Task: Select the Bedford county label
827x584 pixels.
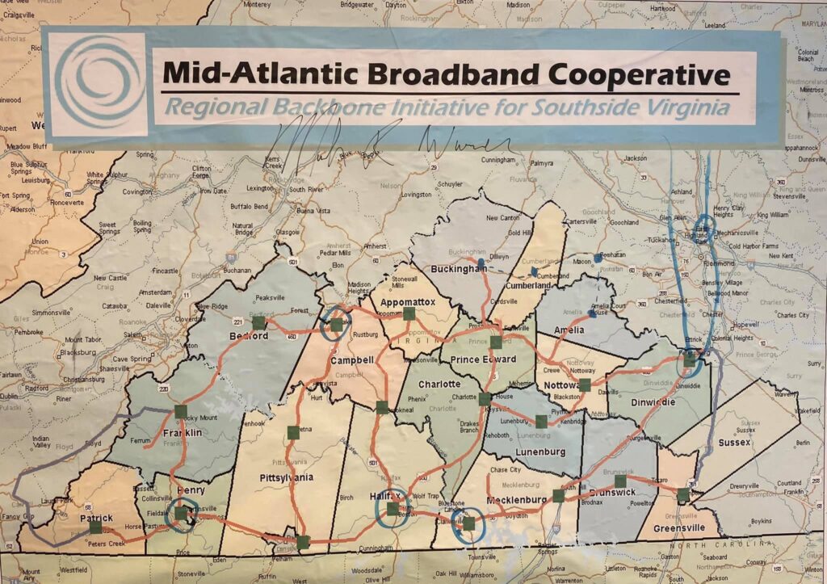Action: coord(248,335)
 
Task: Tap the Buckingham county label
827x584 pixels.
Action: coord(458,268)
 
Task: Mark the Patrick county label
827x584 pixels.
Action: coord(95,519)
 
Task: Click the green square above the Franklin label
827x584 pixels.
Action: coord(181,411)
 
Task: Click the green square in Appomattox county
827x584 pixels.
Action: coord(409,313)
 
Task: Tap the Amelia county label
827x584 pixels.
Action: coord(569,330)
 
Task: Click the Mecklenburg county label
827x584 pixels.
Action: coord(517,500)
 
